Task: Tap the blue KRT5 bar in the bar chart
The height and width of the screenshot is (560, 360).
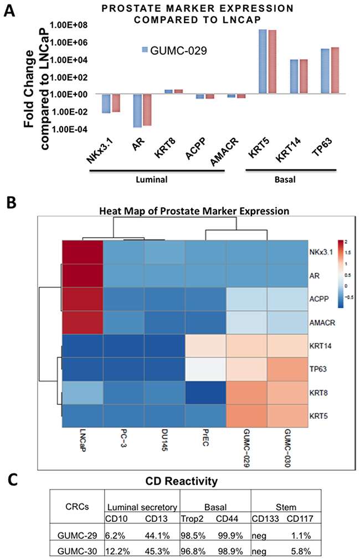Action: pyautogui.click(x=264, y=61)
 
